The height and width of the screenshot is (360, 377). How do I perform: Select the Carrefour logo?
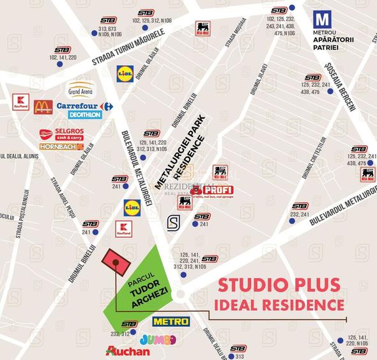84,106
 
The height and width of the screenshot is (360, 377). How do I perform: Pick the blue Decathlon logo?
85,115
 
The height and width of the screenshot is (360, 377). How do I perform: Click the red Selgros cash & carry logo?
61,134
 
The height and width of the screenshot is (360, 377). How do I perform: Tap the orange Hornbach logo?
61,146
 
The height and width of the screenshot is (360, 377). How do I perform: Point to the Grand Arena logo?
81,88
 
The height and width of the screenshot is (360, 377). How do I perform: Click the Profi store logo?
212,191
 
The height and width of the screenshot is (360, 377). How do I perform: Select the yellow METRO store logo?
171,321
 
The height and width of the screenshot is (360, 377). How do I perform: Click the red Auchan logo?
128,351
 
